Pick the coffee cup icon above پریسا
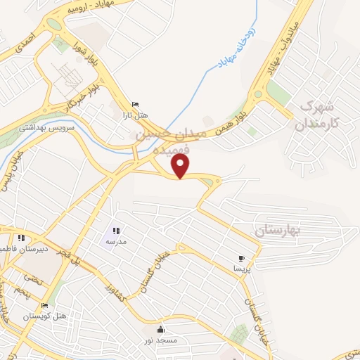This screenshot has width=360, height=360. click(x=242, y=259)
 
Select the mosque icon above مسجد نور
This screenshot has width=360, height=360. click(x=162, y=329)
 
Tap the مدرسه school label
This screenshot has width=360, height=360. click(x=116, y=241)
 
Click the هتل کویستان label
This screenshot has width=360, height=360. click(x=45, y=316)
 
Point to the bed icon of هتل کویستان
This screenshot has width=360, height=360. click(x=45, y=306)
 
